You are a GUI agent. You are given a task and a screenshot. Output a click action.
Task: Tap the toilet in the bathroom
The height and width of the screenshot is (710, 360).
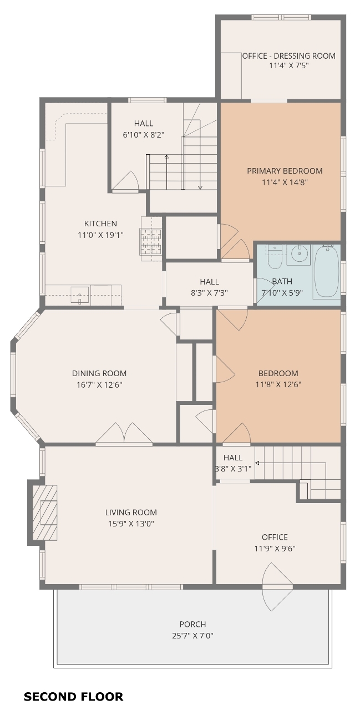pyautogui.click(x=275, y=257)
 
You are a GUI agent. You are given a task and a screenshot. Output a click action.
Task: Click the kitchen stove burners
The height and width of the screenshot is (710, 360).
pyautogui.click(x=151, y=241)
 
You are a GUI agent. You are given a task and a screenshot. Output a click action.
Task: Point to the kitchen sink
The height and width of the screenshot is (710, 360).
pyautogui.click(x=79, y=295)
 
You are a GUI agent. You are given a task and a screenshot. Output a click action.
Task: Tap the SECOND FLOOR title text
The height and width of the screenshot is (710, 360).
pyautogui.click(x=74, y=697)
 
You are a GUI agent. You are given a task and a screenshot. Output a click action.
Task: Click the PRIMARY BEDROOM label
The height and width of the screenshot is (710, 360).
pyautogui.click(x=285, y=171)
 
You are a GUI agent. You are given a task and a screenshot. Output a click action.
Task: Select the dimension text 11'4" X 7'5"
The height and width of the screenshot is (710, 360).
pyautogui.click(x=288, y=65)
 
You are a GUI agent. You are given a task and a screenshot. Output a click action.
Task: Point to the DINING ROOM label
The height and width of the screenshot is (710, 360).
pyautogui.click(x=99, y=373)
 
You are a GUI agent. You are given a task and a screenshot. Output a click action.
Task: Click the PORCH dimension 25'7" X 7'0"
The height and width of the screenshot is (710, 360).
pyautogui.click(x=192, y=636)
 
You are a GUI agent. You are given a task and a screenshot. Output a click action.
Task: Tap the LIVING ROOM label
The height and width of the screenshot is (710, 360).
pyautogui.click(x=131, y=512)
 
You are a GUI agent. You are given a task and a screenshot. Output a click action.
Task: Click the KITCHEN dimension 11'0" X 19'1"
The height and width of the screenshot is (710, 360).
pyautogui.click(x=100, y=235)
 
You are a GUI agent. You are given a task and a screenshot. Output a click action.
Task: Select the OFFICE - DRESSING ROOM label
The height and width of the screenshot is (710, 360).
pyautogui.click(x=288, y=56)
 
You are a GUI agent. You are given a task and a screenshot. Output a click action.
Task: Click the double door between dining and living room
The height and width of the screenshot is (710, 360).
pyautogui.click(x=124, y=434)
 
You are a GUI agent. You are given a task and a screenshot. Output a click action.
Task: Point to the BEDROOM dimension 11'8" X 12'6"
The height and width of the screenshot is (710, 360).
pyautogui.click(x=278, y=384)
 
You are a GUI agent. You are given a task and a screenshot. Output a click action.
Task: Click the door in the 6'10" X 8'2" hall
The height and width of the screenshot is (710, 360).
pyautogui.click(x=125, y=181)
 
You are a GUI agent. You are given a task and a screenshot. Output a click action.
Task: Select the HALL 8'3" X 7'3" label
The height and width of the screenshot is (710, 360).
pyautogui.click(x=209, y=287)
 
